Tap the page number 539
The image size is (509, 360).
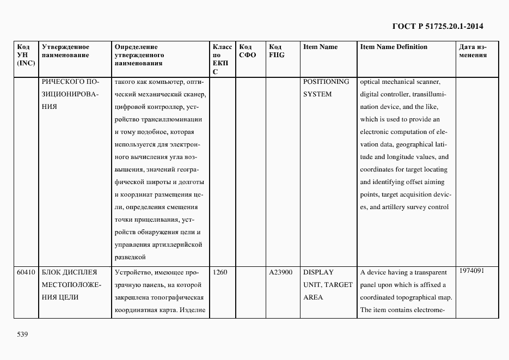click(x=22, y=334)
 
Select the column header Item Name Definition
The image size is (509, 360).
click(x=394, y=47)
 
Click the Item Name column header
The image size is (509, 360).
click(x=320, y=47)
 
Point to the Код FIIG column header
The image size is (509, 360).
click(x=277, y=51)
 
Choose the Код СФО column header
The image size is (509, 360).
click(x=247, y=51)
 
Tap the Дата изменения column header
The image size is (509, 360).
click(x=473, y=51)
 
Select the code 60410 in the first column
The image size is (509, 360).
click(x=26, y=272)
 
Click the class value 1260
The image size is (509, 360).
click(x=220, y=272)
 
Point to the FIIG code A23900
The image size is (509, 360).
click(x=281, y=272)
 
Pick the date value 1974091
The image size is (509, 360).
click(x=471, y=271)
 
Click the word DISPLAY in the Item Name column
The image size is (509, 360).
click(x=318, y=272)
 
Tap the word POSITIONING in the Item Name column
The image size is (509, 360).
click(x=326, y=82)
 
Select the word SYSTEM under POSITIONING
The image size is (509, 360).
click(x=317, y=94)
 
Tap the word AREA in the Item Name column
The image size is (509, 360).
click(x=313, y=297)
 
